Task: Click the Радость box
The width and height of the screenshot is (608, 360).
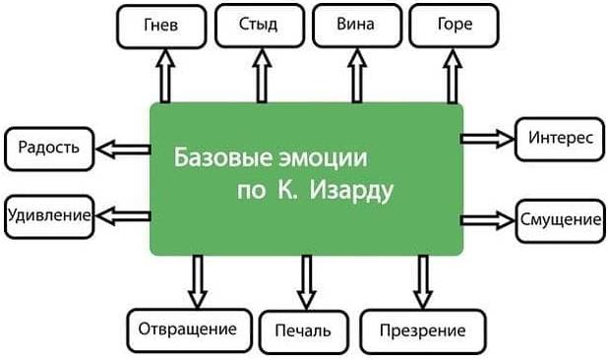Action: click(x=49, y=150)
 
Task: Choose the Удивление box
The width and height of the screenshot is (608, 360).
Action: click(x=49, y=213)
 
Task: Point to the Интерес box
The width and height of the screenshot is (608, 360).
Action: click(x=559, y=137)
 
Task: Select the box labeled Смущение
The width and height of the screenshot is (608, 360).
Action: click(x=560, y=217)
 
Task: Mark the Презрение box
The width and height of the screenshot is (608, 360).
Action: click(x=412, y=330)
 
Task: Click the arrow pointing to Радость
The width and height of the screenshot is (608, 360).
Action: click(x=122, y=150)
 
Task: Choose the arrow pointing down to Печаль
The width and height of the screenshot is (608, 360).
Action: click(x=304, y=281)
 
